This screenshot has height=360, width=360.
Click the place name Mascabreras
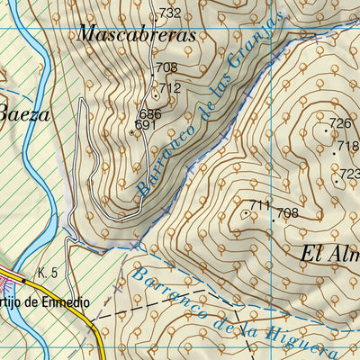(137, 35)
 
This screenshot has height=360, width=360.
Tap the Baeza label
(24, 114)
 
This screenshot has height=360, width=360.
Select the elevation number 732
(170, 13)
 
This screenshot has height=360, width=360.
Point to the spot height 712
(171, 87)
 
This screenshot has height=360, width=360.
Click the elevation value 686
(150, 114)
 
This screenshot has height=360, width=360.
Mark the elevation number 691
(146, 125)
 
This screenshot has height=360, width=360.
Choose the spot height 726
(339, 123)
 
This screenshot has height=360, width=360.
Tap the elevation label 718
(347, 145)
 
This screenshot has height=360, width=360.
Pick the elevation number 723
(349, 174)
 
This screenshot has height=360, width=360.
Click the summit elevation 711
(260, 206)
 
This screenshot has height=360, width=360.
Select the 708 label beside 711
(287, 213)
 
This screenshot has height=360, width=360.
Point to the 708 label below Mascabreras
(166, 67)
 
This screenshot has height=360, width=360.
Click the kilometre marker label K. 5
(48, 273)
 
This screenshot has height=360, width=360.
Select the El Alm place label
(327, 255)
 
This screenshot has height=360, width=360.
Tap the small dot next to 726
(327, 130)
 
